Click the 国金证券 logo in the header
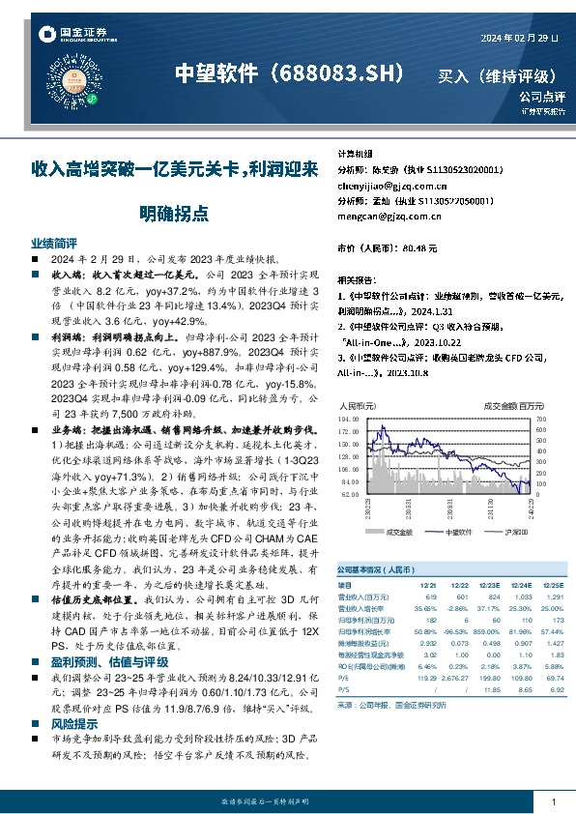72,36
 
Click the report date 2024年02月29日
519,37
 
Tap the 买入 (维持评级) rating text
497,74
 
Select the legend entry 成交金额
398,532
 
